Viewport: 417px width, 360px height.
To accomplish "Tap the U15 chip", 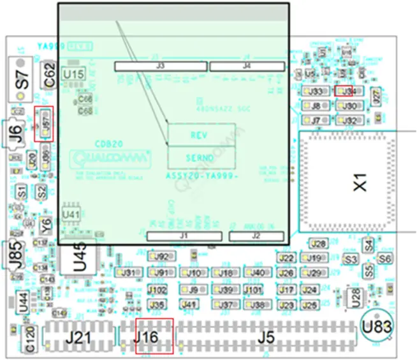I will pos(73,75).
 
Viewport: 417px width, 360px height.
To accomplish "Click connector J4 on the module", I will pos(247,66).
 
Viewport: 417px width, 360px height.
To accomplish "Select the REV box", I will pos(201,135).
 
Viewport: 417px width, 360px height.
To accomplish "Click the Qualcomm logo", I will pos(111,157).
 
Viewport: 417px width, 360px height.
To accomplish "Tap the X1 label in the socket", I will pos(361,185).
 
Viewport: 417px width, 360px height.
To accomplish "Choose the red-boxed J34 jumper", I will pos(344,91).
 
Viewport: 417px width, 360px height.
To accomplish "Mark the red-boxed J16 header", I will pos(154,335).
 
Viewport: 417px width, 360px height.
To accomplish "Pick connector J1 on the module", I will pos(184,236).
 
